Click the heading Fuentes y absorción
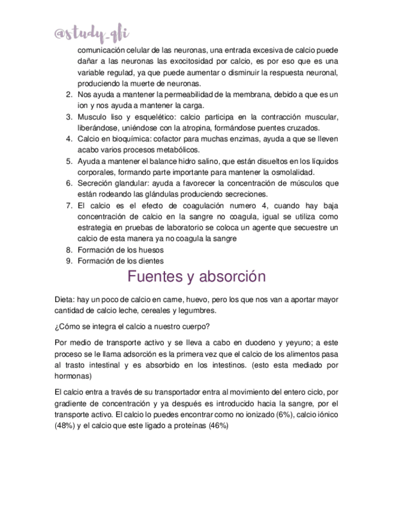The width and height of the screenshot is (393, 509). coord(196,277)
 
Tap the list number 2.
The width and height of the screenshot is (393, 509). coord(69,95)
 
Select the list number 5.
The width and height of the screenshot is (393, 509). coord(69,161)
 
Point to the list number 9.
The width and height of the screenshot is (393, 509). coord(69,261)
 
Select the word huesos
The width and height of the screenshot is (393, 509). coord(150,250)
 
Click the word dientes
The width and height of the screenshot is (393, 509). coord(149,261)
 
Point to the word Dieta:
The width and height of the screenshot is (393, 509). coord(64,299)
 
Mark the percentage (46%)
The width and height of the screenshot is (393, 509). coord(214,425)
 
